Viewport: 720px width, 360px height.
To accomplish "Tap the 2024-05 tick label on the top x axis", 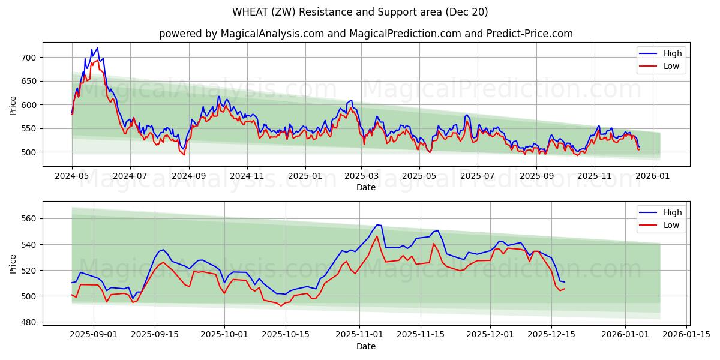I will [x=72, y=176].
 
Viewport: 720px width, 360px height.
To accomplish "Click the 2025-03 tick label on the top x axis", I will [x=361, y=176].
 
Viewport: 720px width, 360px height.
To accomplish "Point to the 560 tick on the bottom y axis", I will [x=29, y=219].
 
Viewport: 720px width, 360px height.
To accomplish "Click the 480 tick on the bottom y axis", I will [x=29, y=322].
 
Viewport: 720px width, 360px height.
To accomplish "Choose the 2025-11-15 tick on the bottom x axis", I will [x=420, y=335].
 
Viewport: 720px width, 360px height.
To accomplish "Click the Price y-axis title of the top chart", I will [x=13, y=105].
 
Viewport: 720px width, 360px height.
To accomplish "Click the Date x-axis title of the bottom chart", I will [x=365, y=346].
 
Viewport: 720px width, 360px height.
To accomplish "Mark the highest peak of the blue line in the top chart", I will [x=97, y=48].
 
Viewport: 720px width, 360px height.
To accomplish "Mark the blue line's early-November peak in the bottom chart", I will [x=377, y=225].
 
